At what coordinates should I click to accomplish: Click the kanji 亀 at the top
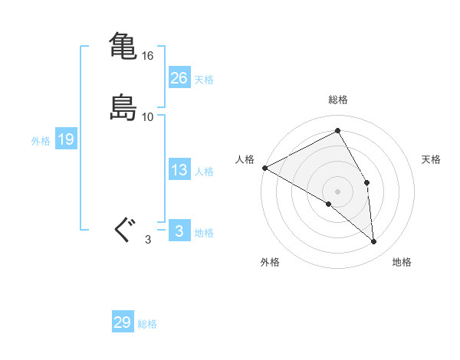tap(123, 44)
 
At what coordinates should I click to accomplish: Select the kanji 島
tap(123, 107)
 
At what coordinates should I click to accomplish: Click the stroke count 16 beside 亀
tap(148, 56)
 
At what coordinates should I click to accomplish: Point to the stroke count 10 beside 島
tap(148, 117)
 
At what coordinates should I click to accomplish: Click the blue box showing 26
tap(179, 77)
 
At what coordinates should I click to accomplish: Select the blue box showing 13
tap(179, 170)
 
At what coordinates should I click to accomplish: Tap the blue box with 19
tap(66, 139)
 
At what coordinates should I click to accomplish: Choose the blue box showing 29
tap(123, 322)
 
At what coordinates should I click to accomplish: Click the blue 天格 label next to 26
tap(204, 80)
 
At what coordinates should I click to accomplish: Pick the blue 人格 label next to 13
tap(204, 172)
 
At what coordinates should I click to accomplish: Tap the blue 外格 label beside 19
tap(41, 141)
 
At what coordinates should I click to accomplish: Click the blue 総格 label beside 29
tap(147, 325)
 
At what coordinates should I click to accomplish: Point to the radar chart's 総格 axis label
tap(338, 100)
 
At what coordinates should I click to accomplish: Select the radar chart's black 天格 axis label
tap(432, 159)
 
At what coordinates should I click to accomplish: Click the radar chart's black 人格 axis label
tap(245, 159)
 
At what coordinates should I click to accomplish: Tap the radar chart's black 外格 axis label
tap(270, 263)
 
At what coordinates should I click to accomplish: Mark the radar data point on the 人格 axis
tap(264, 168)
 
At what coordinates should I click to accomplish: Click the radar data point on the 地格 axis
tap(374, 242)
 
